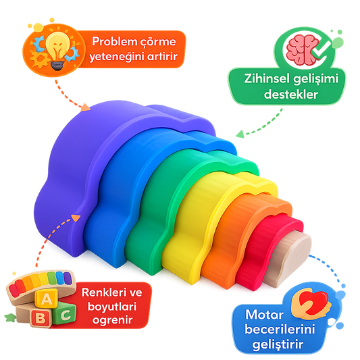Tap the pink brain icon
(301, 49)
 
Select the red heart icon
(314, 302)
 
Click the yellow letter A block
(47, 299)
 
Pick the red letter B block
(41, 317)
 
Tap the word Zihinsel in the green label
(267, 79)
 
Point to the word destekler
(290, 94)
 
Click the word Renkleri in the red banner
(102, 292)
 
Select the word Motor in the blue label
(264, 315)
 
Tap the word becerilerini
(280, 330)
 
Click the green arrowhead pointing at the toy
(240, 134)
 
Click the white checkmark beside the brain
(321, 49)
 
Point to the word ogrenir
(113, 320)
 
